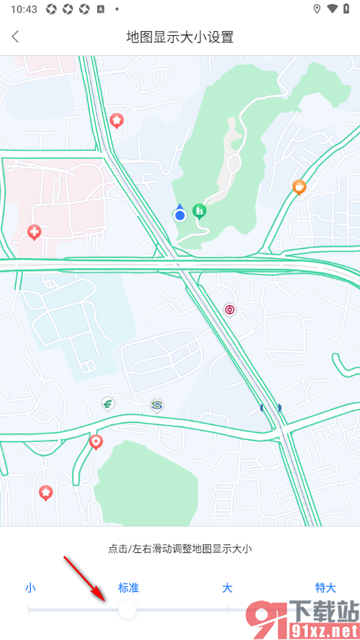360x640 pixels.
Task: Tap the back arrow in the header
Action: point(16,37)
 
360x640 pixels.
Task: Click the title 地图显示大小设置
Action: point(180,37)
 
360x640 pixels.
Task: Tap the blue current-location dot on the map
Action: point(179,215)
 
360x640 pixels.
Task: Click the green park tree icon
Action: point(200,211)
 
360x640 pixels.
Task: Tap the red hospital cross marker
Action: point(34,232)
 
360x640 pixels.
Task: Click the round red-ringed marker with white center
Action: point(230,310)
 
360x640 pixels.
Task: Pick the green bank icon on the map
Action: point(107,404)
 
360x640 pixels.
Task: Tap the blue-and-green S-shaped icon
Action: point(157,405)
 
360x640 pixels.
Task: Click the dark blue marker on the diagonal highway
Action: point(270,407)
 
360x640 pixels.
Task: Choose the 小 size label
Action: point(30,587)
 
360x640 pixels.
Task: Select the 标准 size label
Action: point(128,587)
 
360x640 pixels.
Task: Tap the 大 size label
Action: point(227,587)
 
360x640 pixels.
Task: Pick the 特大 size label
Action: point(325,587)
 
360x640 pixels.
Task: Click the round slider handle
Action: point(127,610)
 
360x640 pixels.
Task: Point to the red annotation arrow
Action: point(84,578)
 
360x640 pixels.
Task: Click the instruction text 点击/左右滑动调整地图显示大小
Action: point(180,549)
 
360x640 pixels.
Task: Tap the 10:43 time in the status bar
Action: point(24,9)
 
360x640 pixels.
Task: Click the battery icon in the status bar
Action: point(347,9)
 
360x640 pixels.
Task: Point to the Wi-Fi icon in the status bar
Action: point(332,9)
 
